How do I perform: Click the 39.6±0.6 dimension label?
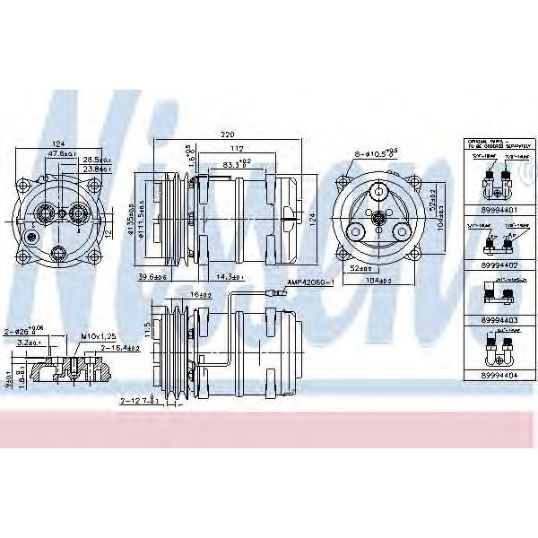153,276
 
